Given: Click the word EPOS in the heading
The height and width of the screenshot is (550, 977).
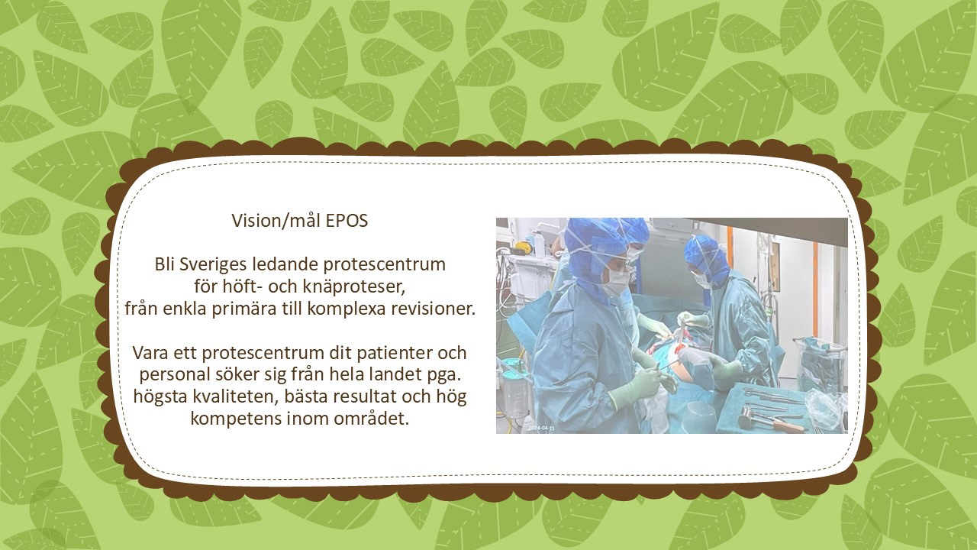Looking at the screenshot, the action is pyautogui.click(x=347, y=221).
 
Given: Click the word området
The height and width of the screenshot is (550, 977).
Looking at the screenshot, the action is pyautogui.click(x=372, y=419).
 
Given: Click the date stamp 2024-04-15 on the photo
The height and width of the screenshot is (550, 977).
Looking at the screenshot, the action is pyautogui.click(x=541, y=429).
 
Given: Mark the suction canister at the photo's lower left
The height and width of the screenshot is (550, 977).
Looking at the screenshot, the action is pyautogui.click(x=514, y=392).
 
